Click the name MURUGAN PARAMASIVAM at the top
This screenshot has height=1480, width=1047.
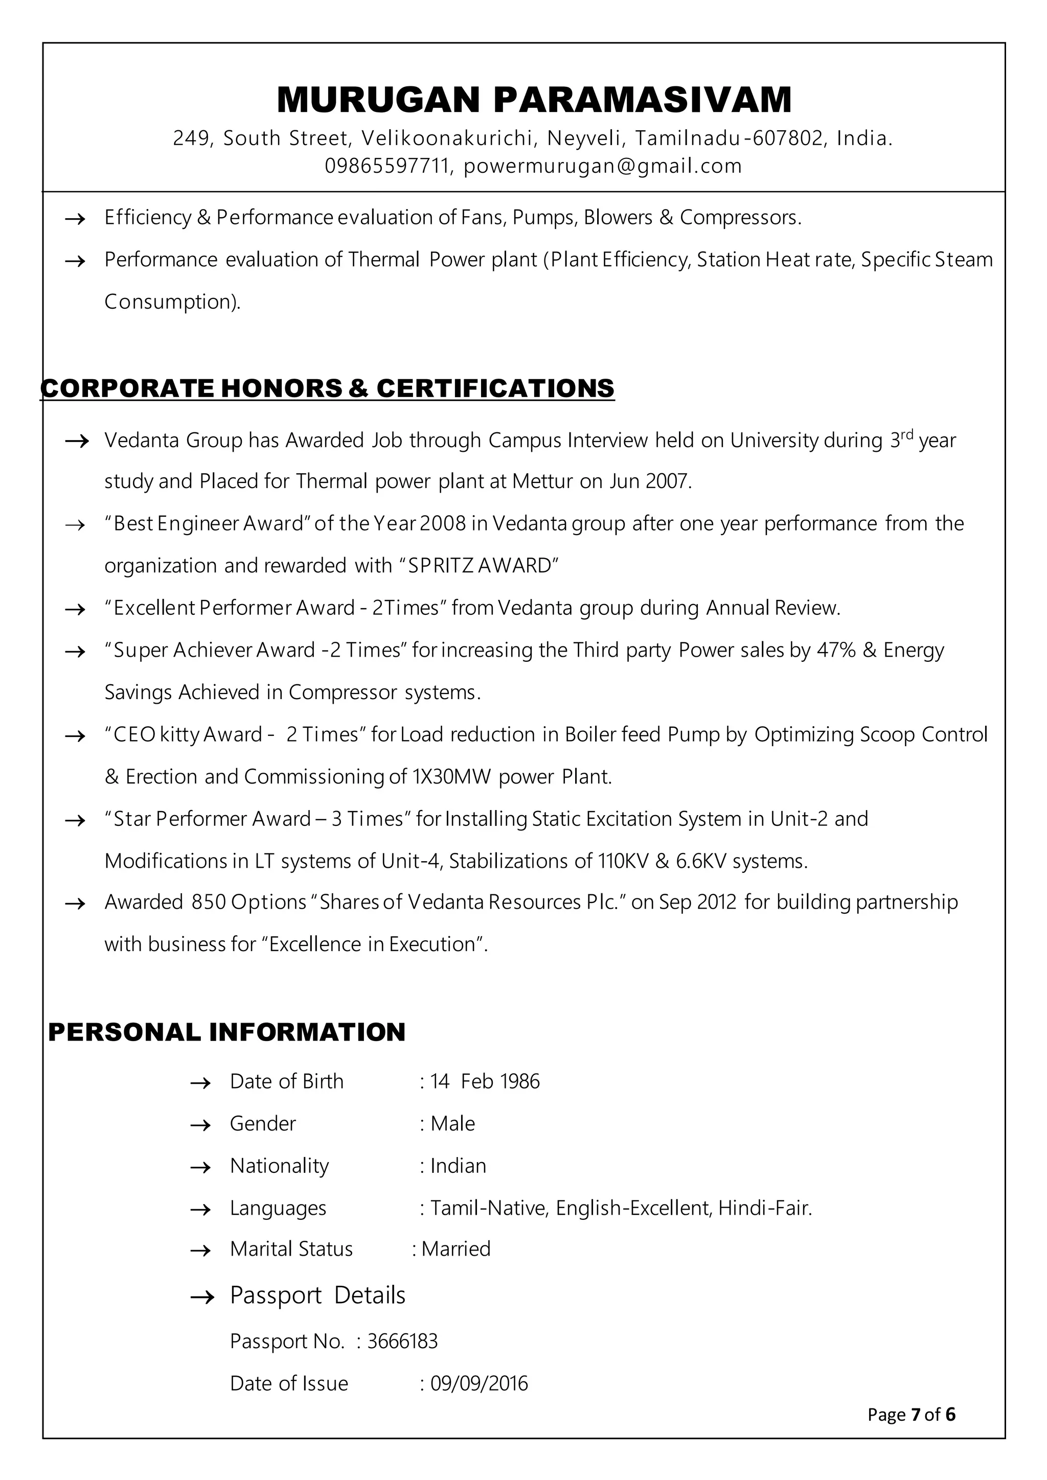(534, 100)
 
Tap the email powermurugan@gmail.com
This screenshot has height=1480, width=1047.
(602, 166)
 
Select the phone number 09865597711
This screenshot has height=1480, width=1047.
(386, 166)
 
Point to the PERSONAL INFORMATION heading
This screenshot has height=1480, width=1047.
(226, 1032)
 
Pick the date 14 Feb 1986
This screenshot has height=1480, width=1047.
(485, 1081)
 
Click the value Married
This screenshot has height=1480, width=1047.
(456, 1248)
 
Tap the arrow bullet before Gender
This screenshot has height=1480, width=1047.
(200, 1125)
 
